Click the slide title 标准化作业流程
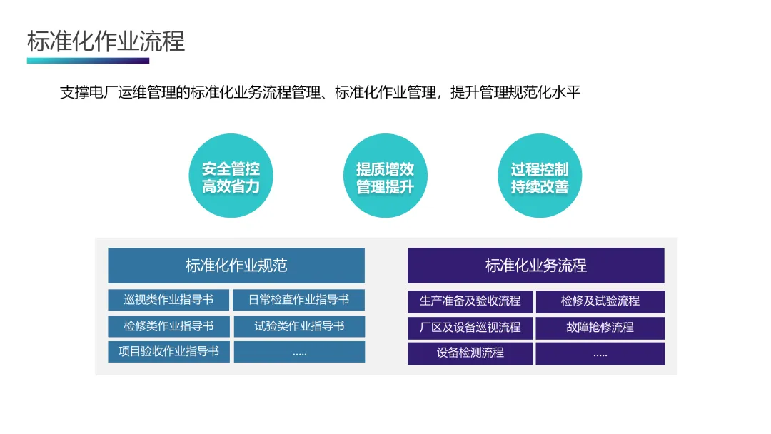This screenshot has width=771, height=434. point(106,41)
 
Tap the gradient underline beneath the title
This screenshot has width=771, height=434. point(88,61)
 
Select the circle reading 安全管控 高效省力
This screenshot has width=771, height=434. point(231,177)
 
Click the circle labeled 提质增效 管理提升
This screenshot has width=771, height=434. point(385,177)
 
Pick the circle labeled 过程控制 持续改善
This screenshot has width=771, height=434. point(539,177)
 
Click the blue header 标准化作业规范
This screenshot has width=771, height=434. point(236,266)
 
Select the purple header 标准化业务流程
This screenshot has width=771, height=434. point(535,266)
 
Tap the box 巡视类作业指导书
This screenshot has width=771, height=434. point(168,300)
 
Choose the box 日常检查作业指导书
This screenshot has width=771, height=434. point(299,300)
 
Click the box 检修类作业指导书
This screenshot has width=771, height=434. point(168,326)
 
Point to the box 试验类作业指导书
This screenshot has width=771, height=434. point(299,326)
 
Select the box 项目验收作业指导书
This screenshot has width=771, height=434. point(168,351)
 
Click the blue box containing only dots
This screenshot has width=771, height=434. point(299,352)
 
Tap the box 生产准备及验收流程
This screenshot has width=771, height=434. point(470,301)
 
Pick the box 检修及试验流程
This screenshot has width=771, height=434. point(600,301)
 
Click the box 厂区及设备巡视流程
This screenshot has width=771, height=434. point(470,328)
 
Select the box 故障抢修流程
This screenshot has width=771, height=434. point(600,328)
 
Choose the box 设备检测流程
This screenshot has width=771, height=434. point(470,353)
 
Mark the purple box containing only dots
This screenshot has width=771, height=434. point(600,353)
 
